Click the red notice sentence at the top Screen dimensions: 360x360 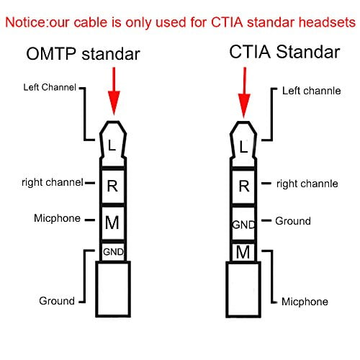tap(179, 22)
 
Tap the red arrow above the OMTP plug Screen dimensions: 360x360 tap(112, 90)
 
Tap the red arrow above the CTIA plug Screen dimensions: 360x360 tap(244, 90)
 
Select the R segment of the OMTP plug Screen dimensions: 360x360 tap(112, 186)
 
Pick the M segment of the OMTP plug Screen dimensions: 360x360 tap(112, 222)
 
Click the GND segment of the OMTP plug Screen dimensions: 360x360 tap(112, 252)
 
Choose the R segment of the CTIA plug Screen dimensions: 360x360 tap(243, 186)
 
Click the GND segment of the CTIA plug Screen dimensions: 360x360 tap(243, 224)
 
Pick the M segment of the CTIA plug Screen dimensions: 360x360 tap(243, 251)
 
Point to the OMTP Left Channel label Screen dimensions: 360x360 tap(50, 89)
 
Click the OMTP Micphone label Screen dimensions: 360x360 tap(57, 218)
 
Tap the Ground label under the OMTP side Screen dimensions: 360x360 tap(57, 300)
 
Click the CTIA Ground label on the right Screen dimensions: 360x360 tap(293, 221)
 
